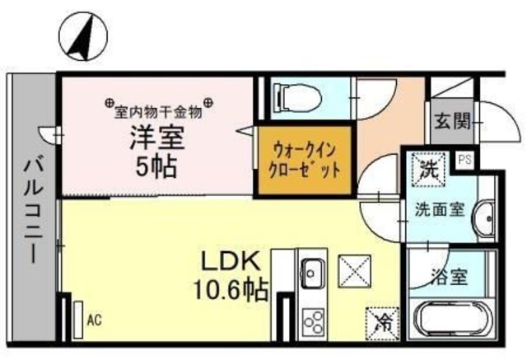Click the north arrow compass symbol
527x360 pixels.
(x=81, y=37)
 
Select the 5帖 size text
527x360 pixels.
(x=156, y=166)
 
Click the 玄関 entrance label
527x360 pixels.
(x=451, y=124)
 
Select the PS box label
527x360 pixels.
(x=464, y=159)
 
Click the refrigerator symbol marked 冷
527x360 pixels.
(x=381, y=319)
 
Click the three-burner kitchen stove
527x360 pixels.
(x=313, y=318)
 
